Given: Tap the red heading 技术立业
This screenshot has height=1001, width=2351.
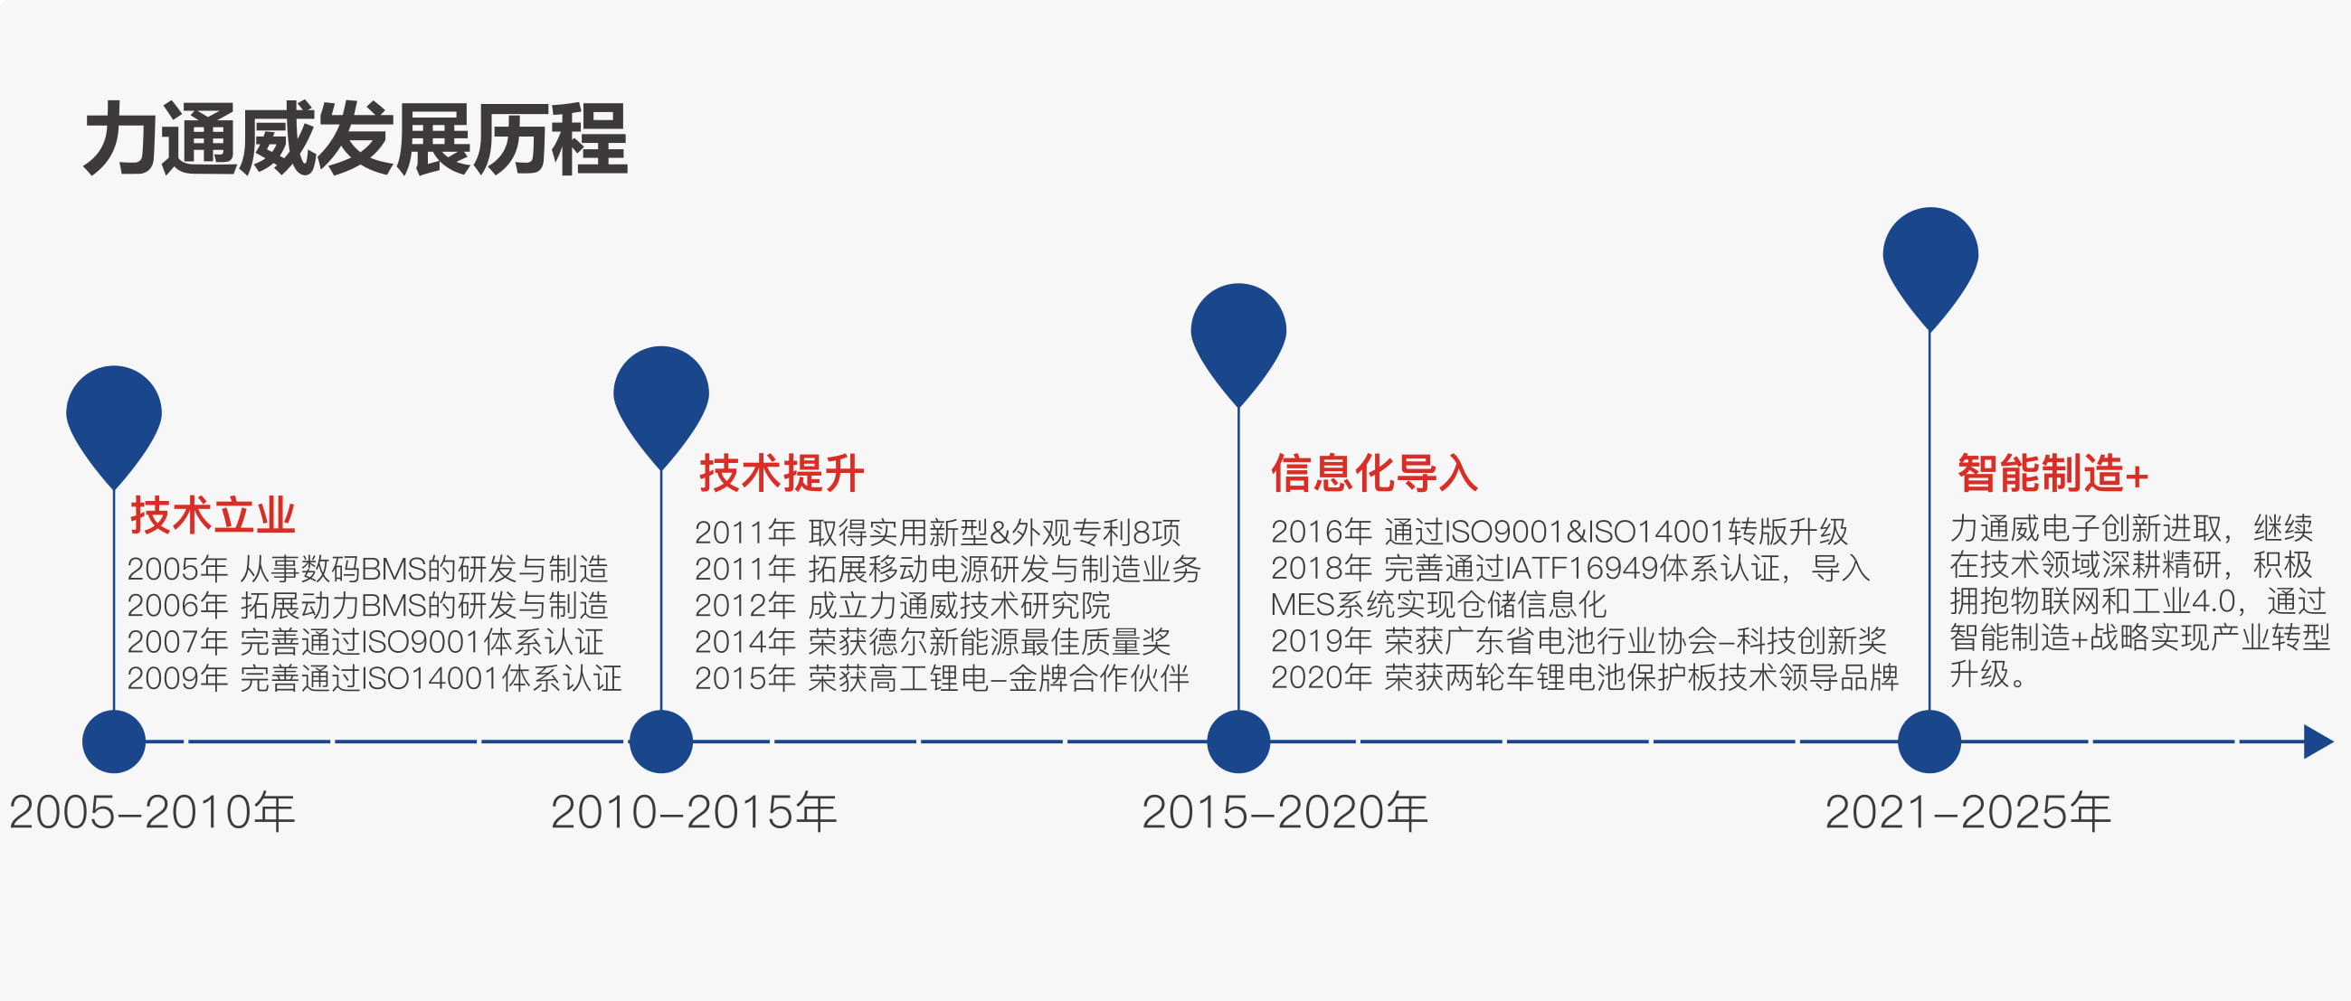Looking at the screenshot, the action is coord(213,515).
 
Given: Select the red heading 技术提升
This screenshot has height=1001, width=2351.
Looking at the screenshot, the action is coord(782,474).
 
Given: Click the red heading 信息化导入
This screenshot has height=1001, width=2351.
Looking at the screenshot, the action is coord(1373,474).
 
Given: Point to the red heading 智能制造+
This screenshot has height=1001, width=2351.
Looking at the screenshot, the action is coord(2052,474).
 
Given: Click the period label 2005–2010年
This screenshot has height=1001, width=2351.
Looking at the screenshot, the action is coord(152,812).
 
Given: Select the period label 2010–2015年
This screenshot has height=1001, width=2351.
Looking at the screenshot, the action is coord(694,812).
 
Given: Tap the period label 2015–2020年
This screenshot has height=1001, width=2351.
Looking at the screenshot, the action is coord(1285,812).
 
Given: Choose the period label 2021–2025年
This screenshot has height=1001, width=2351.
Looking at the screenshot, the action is coord(1967,812).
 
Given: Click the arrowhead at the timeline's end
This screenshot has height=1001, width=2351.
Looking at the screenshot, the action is coord(2318,741).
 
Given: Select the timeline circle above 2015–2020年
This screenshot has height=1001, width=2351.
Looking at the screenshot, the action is coord(1238,741).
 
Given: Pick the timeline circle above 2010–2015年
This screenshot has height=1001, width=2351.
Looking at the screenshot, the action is coord(660,741).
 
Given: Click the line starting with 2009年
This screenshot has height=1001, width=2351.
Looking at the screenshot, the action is coord(374,678).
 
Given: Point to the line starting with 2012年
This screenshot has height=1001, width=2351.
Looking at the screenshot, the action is coord(902,605).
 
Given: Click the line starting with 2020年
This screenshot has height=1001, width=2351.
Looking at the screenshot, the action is coord(1585,677).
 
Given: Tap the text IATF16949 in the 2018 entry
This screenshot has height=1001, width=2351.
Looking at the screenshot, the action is coord(1581,569).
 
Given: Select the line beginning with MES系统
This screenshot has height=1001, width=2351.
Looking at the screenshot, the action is coord(1438,604).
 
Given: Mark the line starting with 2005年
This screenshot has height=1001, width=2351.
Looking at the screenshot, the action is coord(367,569).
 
